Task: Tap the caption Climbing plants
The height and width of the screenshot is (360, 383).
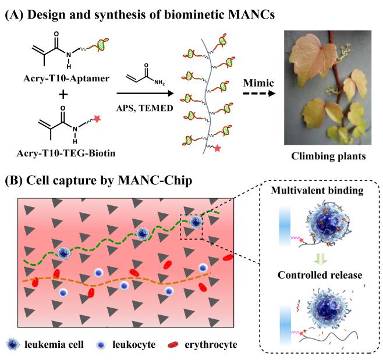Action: pos(327,172)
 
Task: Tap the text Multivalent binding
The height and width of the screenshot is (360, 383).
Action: pos(325,206)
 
